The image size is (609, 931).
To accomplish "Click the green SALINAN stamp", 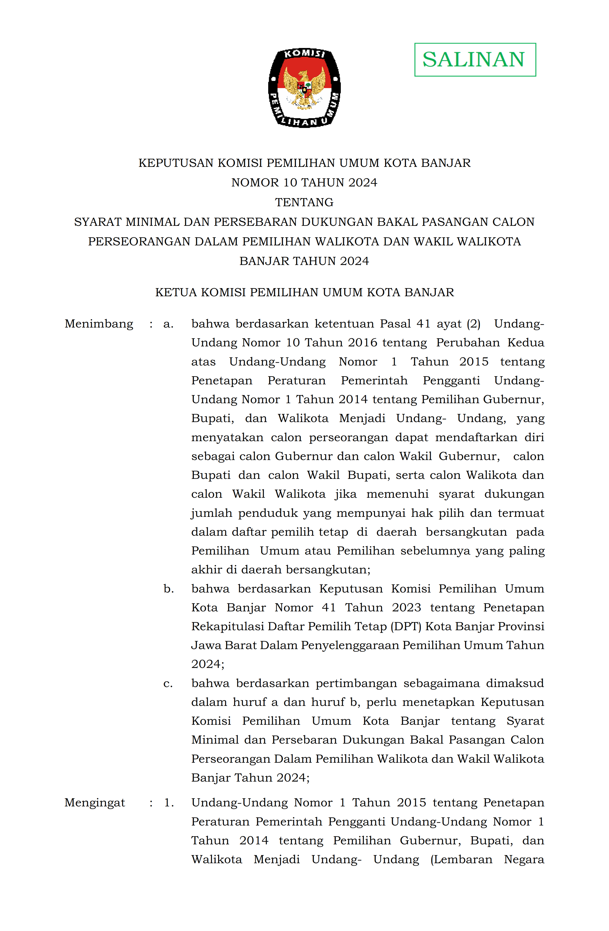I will click(x=475, y=59).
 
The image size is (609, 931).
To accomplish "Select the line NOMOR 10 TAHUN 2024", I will click(x=304, y=183).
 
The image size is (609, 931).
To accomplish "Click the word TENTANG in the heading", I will click(x=304, y=202).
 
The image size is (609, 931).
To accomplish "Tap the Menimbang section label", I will click(x=99, y=324).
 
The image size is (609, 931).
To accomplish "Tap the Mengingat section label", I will click(x=95, y=803).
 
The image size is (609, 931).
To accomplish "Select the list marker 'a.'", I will click(x=168, y=324).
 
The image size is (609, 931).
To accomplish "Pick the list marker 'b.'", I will click(x=169, y=589).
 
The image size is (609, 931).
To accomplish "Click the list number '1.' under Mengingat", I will click(x=169, y=803).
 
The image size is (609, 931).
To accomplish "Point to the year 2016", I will click(x=363, y=343).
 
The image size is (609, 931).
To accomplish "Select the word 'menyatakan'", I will click(x=227, y=437).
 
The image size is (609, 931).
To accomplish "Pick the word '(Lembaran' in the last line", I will click(x=461, y=860).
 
